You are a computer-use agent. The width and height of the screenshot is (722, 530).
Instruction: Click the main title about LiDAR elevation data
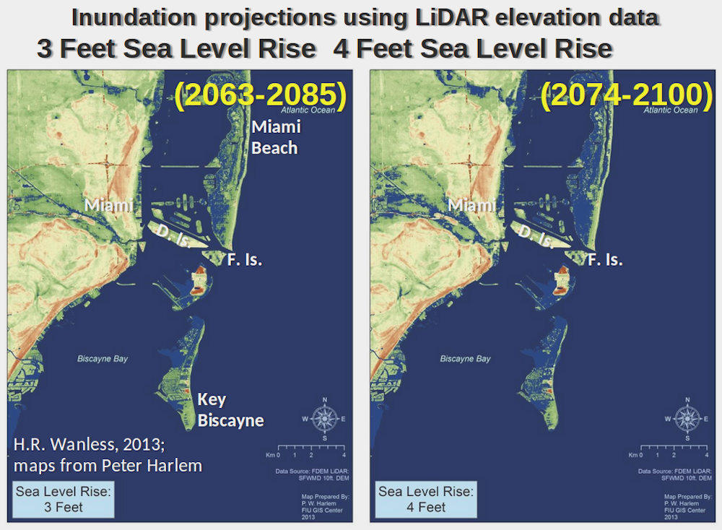pyautogui.click(x=365, y=17)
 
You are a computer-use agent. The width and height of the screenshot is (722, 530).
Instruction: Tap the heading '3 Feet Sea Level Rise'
pyautogui.click(x=176, y=49)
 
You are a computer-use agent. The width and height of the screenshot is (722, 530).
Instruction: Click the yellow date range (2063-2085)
pyautogui.click(x=261, y=95)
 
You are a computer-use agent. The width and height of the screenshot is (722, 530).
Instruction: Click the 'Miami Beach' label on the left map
pyautogui.click(x=274, y=137)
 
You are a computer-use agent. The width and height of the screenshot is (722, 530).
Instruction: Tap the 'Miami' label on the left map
pyautogui.click(x=108, y=205)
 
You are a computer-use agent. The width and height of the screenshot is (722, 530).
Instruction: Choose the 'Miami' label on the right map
pyautogui.click(x=472, y=205)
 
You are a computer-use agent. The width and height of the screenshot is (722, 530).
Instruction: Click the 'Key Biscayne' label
pyautogui.click(x=230, y=410)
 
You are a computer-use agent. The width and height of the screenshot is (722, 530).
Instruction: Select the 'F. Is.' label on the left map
pyautogui.click(x=243, y=260)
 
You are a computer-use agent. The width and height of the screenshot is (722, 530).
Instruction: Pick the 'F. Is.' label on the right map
pyautogui.click(x=605, y=260)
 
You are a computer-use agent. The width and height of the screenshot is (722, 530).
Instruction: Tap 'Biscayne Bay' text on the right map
pyautogui.click(x=465, y=359)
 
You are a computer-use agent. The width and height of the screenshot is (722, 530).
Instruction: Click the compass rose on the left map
pyautogui.click(x=325, y=418)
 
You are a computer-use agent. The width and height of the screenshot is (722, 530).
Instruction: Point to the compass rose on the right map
pyautogui.click(x=686, y=418)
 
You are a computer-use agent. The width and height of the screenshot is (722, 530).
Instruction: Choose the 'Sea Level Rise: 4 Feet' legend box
pyautogui.click(x=426, y=500)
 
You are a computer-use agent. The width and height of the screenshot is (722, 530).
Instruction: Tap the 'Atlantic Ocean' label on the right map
pyautogui.click(x=671, y=110)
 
